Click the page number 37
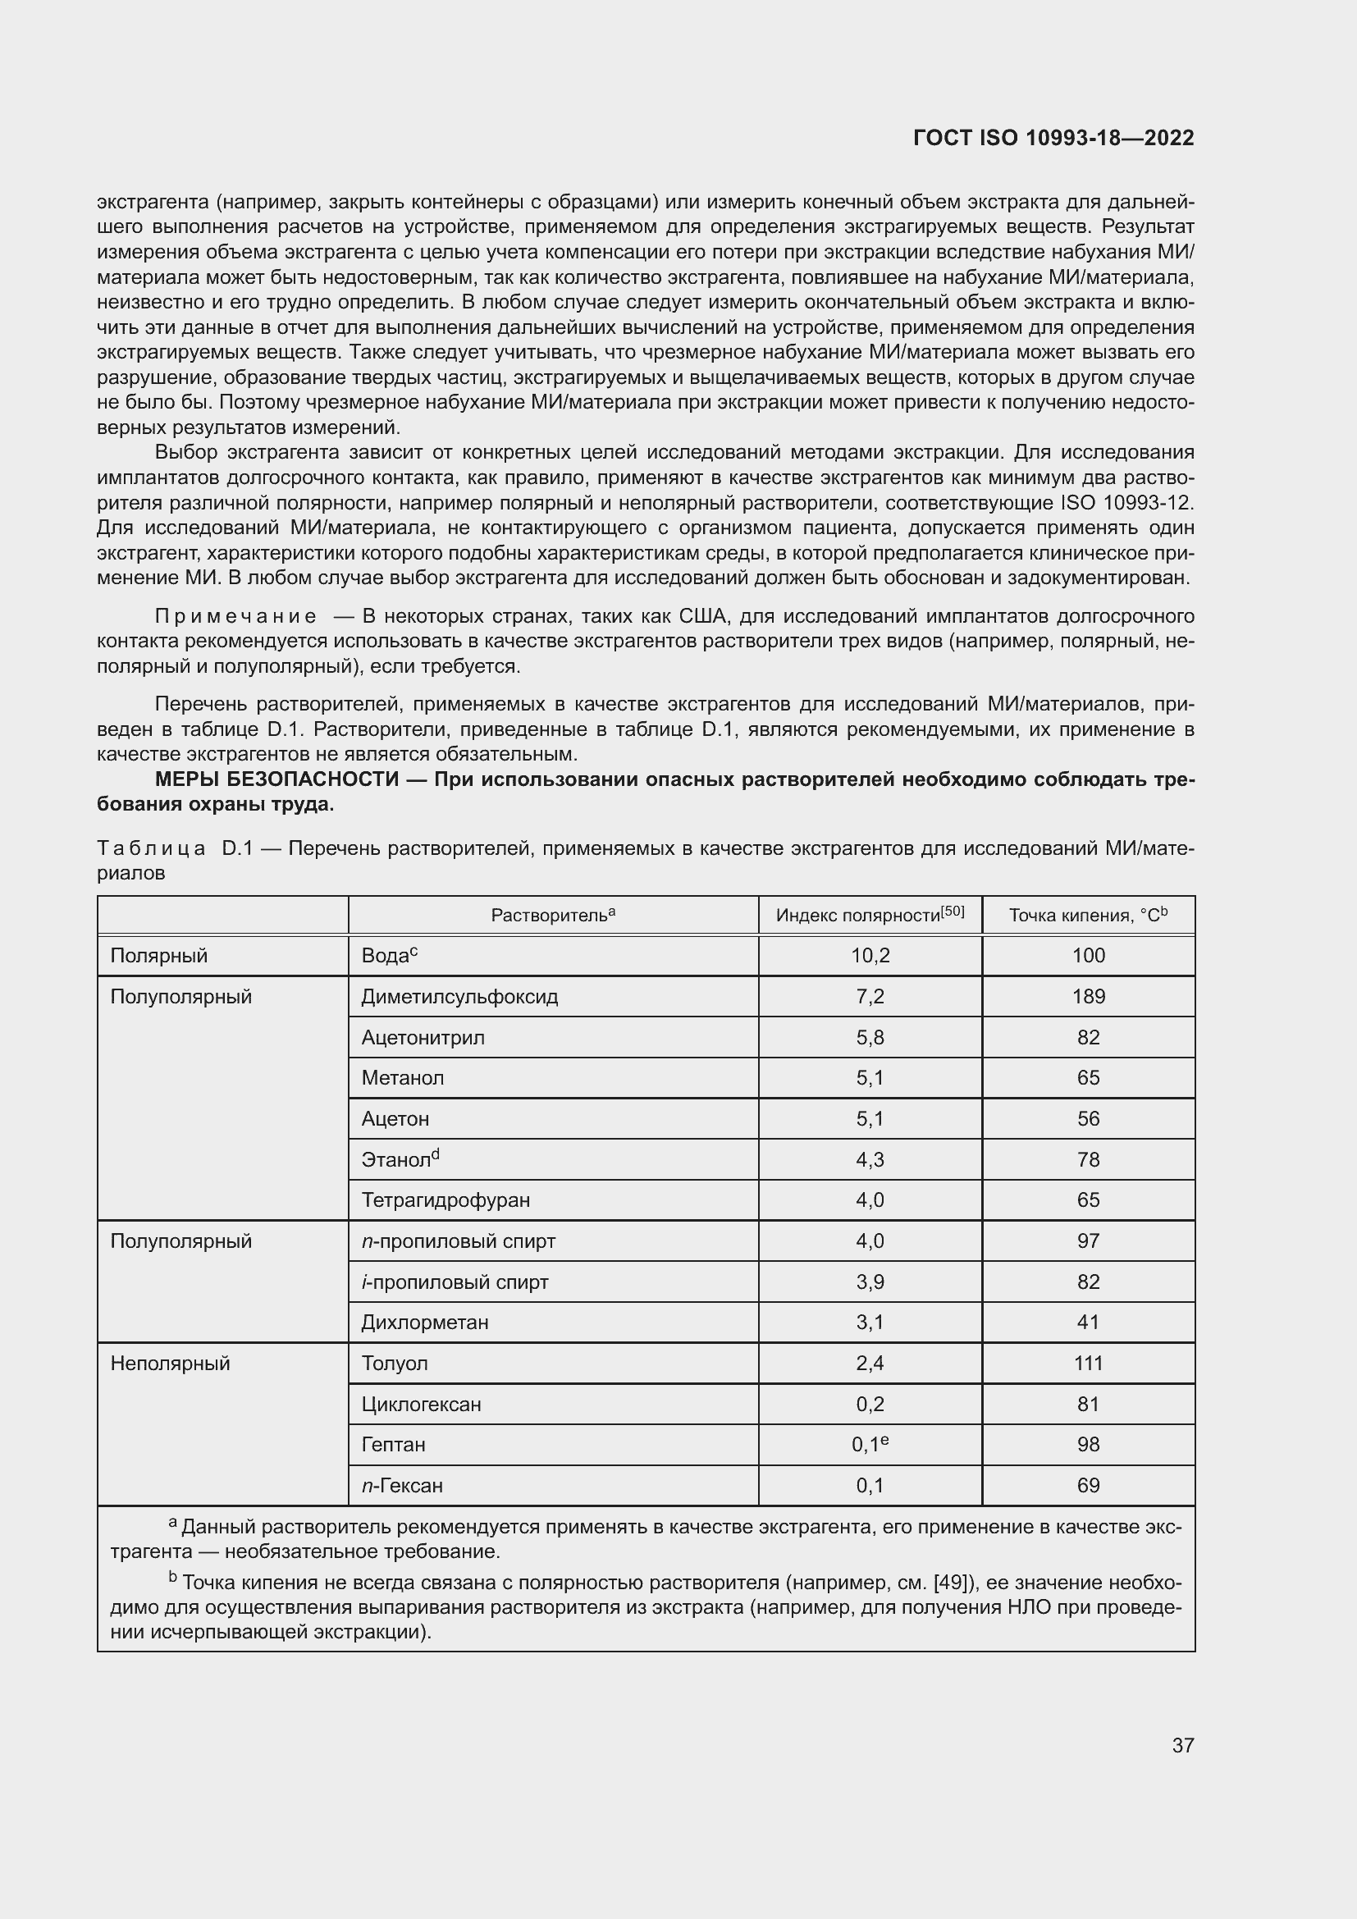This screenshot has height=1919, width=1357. (x=1182, y=1745)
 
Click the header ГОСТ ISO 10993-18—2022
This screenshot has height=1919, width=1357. (x=1053, y=138)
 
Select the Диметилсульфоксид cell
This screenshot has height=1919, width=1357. (x=459, y=996)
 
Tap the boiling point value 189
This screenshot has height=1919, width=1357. (x=1088, y=996)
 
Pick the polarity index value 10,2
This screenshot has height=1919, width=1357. (x=870, y=955)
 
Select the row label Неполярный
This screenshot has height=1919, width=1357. (x=170, y=1364)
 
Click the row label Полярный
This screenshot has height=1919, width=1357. (x=159, y=955)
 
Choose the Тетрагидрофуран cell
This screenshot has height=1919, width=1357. (x=445, y=1200)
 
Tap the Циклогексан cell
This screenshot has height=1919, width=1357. (x=421, y=1404)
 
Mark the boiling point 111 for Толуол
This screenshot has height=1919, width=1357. (x=1088, y=1364)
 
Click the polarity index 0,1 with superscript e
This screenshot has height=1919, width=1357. (x=870, y=1444)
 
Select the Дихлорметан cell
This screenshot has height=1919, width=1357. (x=424, y=1323)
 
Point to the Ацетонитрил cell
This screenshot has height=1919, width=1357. (x=423, y=1037)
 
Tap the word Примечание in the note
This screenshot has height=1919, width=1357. (x=235, y=617)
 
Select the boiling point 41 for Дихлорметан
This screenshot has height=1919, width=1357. (x=1088, y=1323)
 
